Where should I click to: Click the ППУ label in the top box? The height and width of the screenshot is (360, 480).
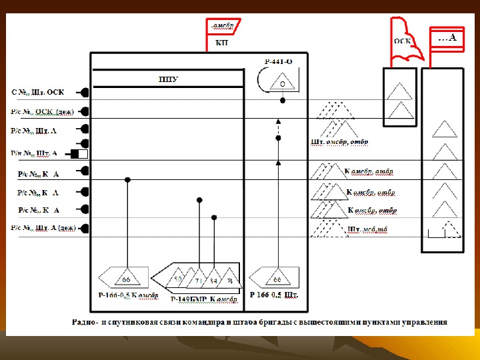168,80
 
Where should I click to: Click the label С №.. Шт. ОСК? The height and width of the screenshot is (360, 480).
42,92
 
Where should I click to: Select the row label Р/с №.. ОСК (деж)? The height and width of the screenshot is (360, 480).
42,111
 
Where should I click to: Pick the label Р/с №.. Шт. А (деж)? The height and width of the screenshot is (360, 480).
42,228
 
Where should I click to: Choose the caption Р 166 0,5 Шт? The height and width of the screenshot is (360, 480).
273,294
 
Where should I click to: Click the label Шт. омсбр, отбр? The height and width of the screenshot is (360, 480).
339,142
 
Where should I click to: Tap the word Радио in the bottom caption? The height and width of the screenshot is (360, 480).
85,322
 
